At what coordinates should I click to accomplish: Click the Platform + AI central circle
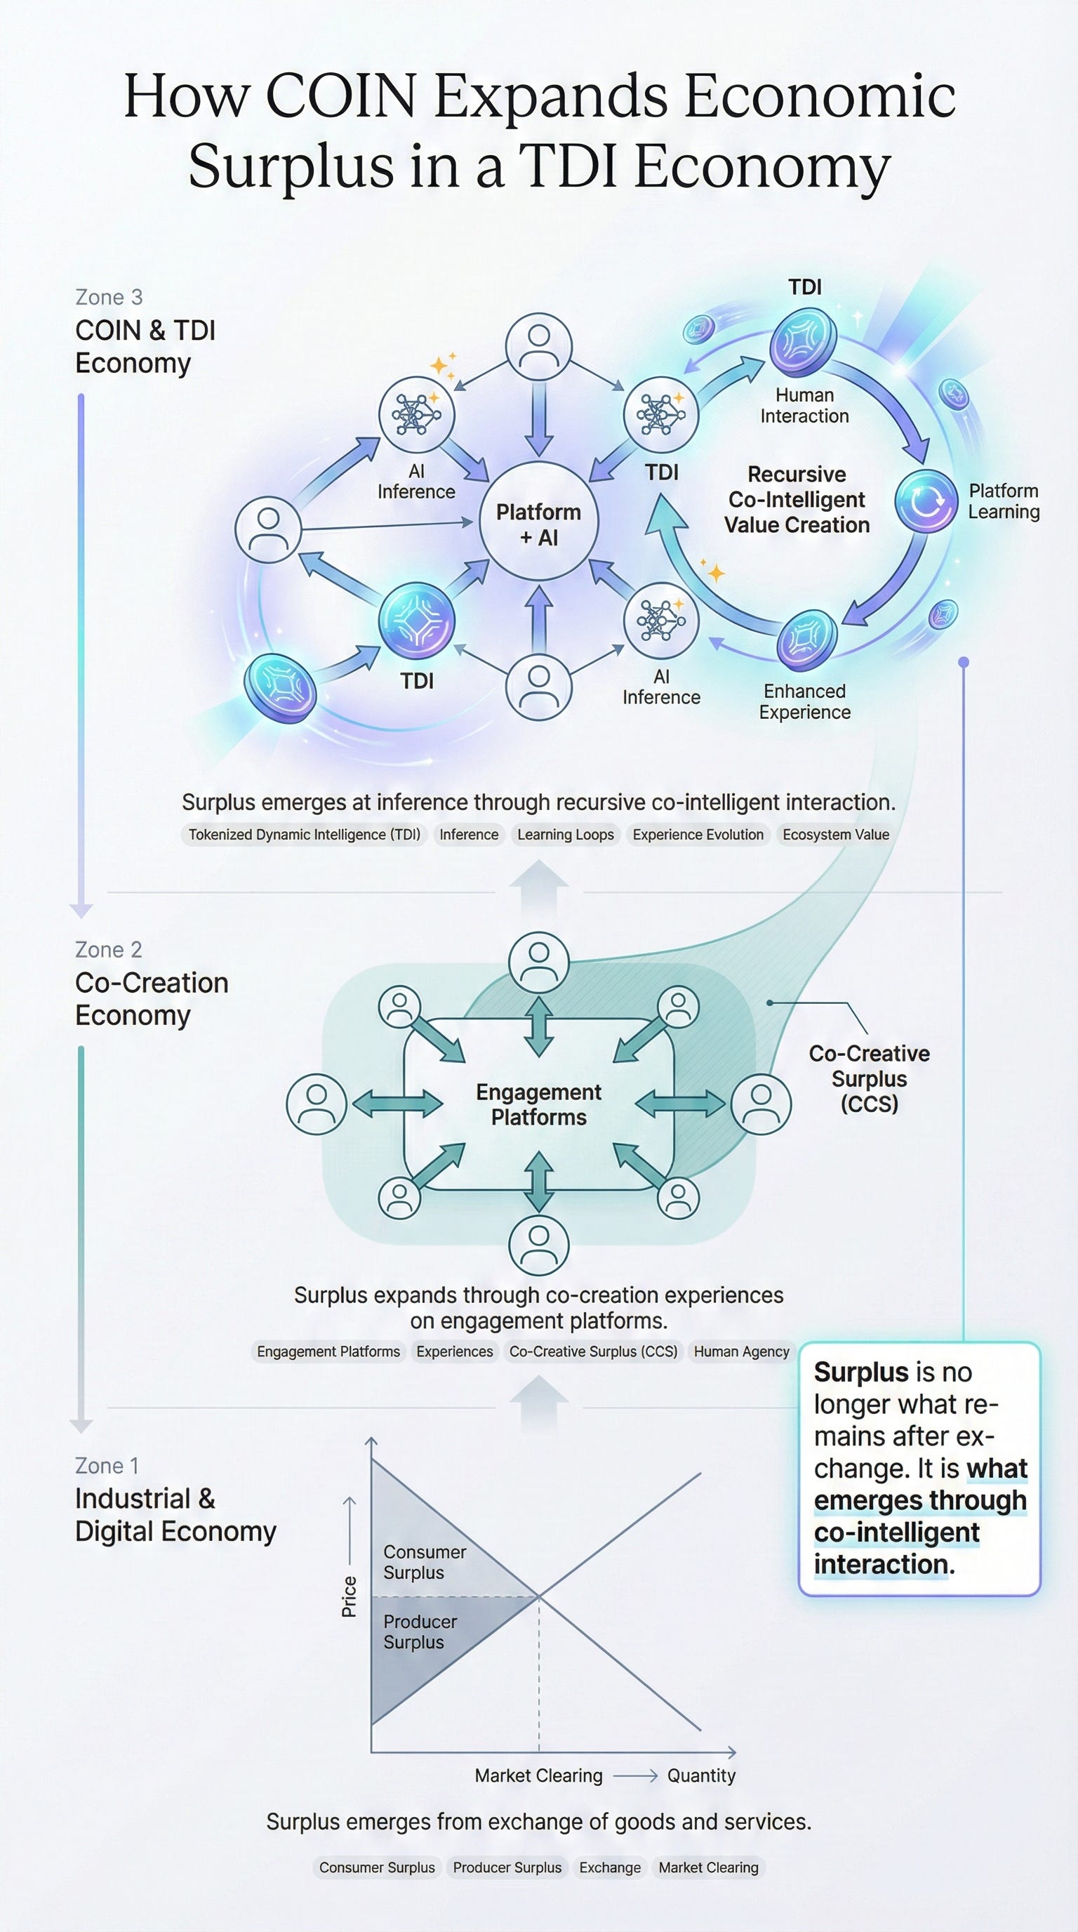[x=539, y=521]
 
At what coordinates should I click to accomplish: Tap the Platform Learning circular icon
[x=926, y=501]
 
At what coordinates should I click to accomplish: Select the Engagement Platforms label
[x=538, y=1105]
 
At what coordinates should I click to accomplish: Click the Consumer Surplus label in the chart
[x=425, y=1562]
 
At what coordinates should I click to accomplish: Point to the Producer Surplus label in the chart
[x=420, y=1632]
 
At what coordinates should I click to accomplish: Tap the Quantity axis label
[x=701, y=1775]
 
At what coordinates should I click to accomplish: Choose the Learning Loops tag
[x=565, y=835]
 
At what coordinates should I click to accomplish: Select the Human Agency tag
[x=741, y=1351]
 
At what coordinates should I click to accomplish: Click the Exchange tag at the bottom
[x=609, y=1867]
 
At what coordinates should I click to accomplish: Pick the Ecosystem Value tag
[x=836, y=835]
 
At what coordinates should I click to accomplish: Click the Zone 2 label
[x=109, y=949]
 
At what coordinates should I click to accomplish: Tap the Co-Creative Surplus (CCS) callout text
[x=869, y=1078]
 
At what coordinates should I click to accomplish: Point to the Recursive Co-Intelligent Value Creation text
[x=797, y=500]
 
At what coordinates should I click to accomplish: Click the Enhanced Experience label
[x=804, y=701]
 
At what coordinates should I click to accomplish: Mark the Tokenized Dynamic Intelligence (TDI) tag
[x=304, y=835]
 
